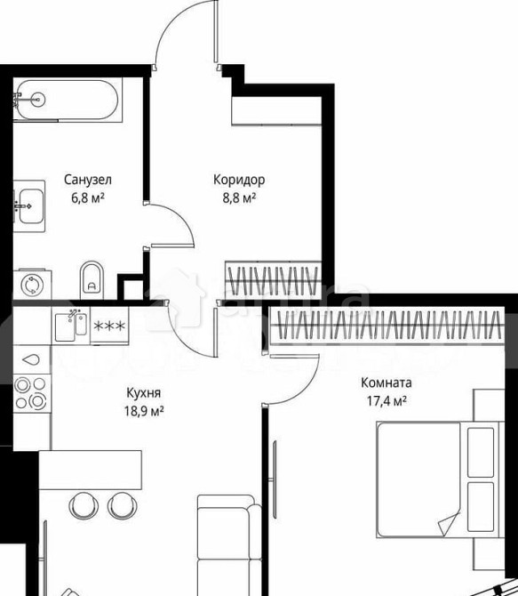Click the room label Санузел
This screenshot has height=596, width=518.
coord(88,180)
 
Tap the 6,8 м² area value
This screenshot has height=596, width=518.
coord(88,198)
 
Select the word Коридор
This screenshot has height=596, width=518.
coord(239,180)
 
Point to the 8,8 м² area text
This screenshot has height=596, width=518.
coord(239,198)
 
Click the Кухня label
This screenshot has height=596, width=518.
coord(144,392)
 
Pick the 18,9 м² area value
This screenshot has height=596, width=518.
coord(144,411)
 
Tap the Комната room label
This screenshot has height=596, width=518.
coord(386,383)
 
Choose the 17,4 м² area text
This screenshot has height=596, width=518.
coord(387,401)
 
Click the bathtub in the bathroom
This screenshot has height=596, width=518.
coord(68,100)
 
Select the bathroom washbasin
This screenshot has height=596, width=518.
coord(29,206)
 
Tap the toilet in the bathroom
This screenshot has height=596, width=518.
coord(92,280)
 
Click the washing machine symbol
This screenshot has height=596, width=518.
coord(32,285)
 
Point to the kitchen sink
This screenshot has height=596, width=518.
coord(71,326)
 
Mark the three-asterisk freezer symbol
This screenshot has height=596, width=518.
coord(109,326)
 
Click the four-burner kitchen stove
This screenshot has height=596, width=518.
coord(31,393)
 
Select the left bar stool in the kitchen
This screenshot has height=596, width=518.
coord(84,505)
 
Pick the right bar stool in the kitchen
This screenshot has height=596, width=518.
coord(123,505)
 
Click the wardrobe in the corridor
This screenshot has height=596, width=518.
coord(274,279)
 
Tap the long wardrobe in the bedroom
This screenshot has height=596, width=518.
coord(387,325)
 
